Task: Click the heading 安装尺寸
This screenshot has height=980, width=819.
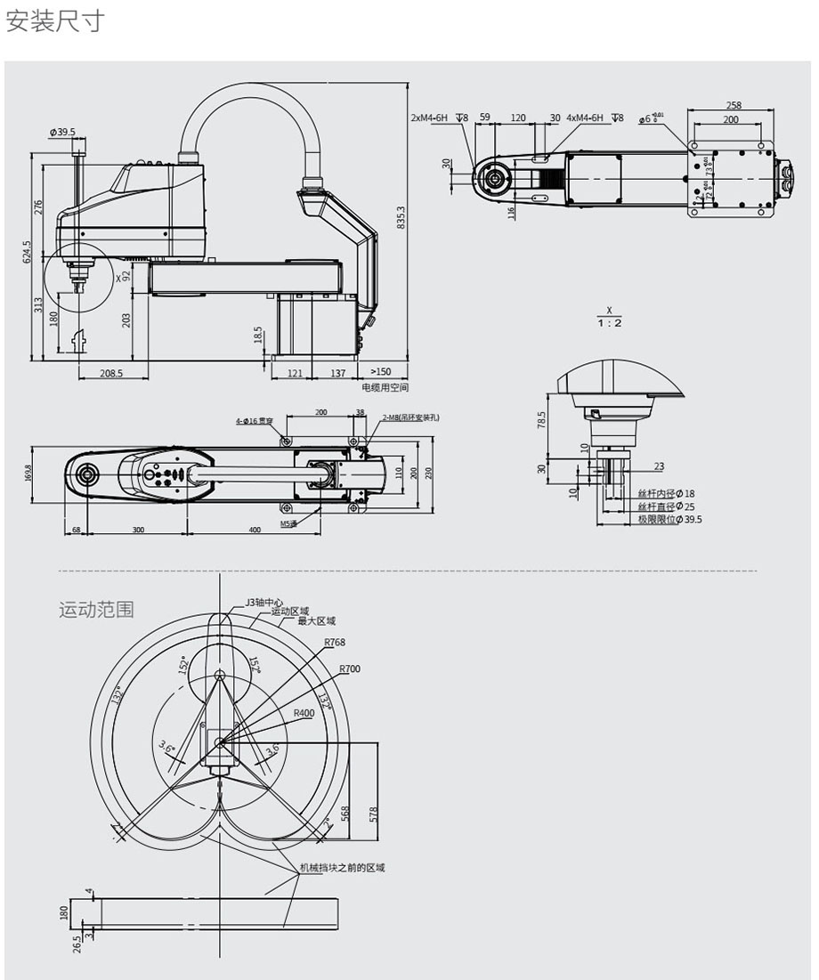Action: pyautogui.click(x=55, y=21)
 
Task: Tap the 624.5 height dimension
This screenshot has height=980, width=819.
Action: pyautogui.click(x=28, y=252)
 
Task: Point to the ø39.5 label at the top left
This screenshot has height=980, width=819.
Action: pyautogui.click(x=63, y=133)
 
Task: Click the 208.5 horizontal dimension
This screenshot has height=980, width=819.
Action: pyautogui.click(x=111, y=374)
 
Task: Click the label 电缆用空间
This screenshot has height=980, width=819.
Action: pyautogui.click(x=385, y=387)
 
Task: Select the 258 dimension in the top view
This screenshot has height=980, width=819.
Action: pyautogui.click(x=734, y=106)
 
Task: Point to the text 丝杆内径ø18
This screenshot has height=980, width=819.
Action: pyautogui.click(x=666, y=493)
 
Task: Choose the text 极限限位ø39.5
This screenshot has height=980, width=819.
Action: pyautogui.click(x=669, y=519)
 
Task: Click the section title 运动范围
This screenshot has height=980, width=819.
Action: pyautogui.click(x=96, y=610)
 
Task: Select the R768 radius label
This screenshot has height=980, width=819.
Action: pyautogui.click(x=335, y=643)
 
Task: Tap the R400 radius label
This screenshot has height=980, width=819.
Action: pyautogui.click(x=304, y=713)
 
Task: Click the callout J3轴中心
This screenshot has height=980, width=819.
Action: pyautogui.click(x=264, y=603)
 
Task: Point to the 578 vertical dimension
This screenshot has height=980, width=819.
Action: pyautogui.click(x=374, y=813)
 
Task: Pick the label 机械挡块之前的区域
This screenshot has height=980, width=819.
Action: pyautogui.click(x=341, y=867)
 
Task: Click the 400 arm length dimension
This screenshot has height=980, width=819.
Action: pyautogui.click(x=255, y=530)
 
